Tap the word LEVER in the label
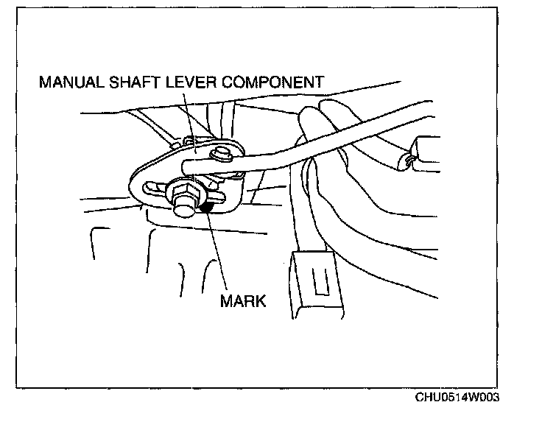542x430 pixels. pyautogui.click(x=191, y=82)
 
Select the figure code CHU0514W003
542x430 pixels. pyautogui.click(x=457, y=398)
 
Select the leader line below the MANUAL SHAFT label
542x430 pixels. pyautogui.click(x=186, y=118)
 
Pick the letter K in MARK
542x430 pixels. pyautogui.click(x=258, y=300)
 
